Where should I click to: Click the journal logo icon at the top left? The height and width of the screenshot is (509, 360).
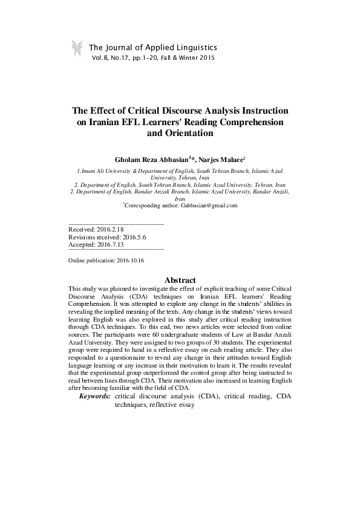(76, 48)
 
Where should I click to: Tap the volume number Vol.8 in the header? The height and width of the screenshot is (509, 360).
(102, 58)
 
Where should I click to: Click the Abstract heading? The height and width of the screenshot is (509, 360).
(180, 280)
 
